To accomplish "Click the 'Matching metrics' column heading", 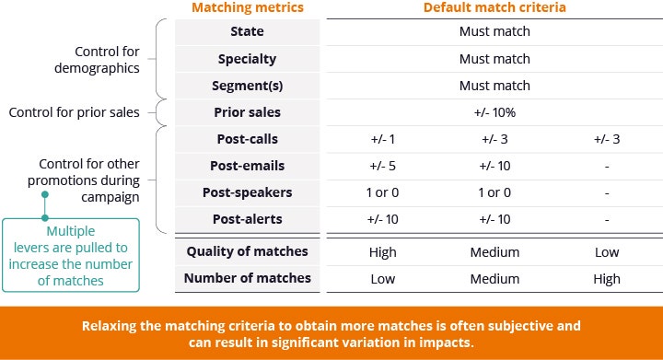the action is (248, 7).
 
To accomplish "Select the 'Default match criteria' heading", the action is (494, 7).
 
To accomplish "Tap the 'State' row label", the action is (248, 31).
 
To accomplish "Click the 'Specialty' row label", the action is (248, 59).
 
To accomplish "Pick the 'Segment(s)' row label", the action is (248, 86).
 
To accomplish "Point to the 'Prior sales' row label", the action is (248, 112).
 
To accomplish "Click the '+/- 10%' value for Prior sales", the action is (494, 112).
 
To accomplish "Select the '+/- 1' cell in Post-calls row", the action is (383, 139).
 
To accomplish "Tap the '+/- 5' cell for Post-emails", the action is (383, 166).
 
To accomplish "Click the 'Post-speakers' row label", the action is (248, 192).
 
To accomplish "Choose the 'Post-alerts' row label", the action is (248, 219).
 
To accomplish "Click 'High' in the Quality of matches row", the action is (383, 252).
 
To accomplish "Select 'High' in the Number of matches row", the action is (607, 279).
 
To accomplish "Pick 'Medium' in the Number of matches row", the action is (494, 279).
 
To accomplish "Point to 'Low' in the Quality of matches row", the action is (607, 252).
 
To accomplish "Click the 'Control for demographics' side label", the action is (97, 60).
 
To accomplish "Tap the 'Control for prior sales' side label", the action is (74, 112).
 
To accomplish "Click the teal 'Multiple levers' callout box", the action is (71, 255).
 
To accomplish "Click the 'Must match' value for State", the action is (494, 31).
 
